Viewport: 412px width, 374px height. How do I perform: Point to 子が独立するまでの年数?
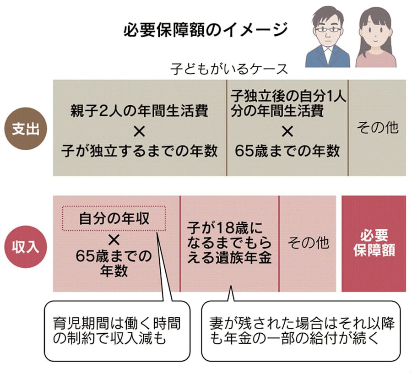point(140,151)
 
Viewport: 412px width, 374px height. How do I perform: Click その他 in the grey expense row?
point(377,128)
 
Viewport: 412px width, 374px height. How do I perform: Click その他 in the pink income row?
point(308,242)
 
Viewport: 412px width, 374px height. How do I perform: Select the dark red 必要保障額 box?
point(374,243)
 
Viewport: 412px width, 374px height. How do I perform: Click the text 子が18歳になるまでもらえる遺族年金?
point(229,243)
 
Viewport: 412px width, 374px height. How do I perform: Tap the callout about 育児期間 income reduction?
point(117,331)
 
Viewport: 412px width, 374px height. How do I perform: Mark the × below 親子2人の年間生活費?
point(140,131)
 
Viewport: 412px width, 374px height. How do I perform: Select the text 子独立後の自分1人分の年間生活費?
point(288,103)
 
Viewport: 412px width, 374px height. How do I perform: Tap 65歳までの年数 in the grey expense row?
point(287,151)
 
